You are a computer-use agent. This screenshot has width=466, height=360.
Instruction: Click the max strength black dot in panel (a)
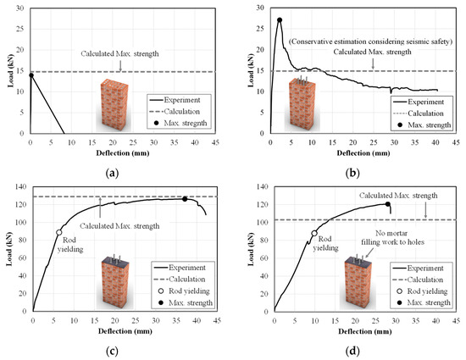coord(31,75)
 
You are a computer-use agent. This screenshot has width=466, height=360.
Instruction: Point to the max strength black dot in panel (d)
coord(388,204)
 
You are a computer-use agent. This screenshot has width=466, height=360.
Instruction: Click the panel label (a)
coord(114,169)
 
